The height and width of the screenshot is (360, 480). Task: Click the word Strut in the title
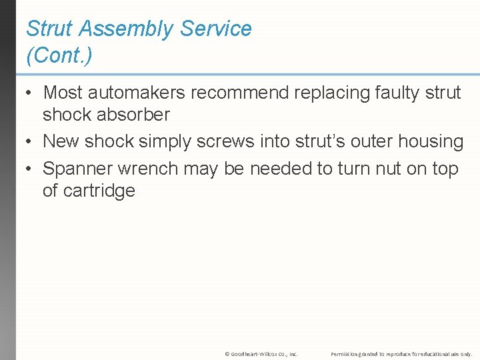[50, 29]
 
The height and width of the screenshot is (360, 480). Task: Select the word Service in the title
[217, 29]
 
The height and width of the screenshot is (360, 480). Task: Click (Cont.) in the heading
[59, 56]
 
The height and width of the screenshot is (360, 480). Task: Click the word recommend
[237, 93]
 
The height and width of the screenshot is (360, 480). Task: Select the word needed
[281, 169]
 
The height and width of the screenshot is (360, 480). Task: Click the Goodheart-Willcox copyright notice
[261, 354]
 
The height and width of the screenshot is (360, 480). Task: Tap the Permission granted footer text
[401, 354]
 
